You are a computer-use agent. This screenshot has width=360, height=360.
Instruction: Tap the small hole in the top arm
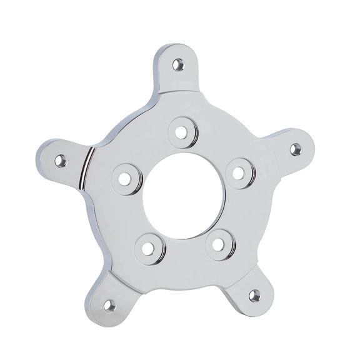[x=179, y=63]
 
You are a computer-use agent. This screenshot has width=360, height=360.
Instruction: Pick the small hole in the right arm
[x=296, y=148]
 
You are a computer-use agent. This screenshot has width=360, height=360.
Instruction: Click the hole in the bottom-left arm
[x=110, y=306]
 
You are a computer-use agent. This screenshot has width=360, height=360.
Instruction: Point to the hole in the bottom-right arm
[x=254, y=295]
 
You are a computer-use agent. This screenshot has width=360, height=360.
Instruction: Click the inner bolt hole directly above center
[x=182, y=132]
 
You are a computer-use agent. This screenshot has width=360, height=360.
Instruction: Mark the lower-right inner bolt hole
[x=217, y=243]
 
